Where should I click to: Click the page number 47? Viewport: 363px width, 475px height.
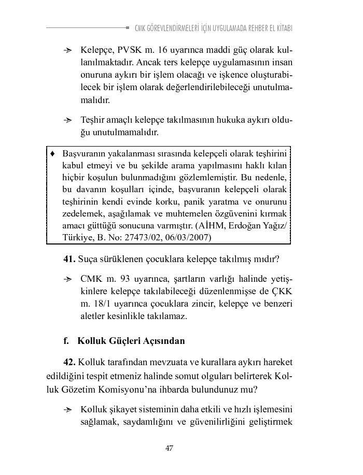169,448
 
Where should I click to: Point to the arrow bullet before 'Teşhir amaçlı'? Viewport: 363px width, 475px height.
67,120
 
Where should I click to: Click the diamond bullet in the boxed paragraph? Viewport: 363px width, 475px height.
52,154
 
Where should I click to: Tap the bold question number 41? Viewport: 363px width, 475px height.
69,258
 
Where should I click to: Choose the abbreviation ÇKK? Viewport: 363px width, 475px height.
281,292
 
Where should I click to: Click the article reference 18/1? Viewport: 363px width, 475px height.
102,304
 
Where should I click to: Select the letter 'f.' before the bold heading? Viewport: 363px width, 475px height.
66,341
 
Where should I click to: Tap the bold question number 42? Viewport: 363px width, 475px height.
69,361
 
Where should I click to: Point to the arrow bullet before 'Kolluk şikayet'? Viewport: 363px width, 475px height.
67,410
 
